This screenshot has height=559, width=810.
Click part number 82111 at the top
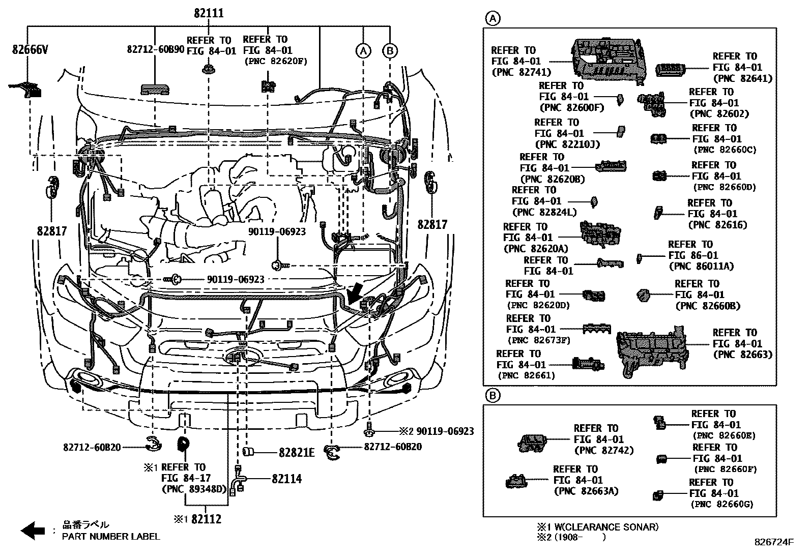coord(209,13)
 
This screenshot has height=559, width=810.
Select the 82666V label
coord(30,49)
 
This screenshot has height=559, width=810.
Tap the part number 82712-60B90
coord(155,49)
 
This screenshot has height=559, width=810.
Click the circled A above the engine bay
coord(363,51)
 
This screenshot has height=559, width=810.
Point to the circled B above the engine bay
coord(390,51)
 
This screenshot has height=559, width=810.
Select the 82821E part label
coord(297,452)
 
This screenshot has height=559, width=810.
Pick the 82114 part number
coord(286,479)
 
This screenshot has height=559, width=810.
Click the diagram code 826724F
coord(774,542)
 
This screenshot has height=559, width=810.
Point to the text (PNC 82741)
coord(521,72)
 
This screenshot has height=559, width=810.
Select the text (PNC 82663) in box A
coord(742,355)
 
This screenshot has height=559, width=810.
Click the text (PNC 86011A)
coord(701,266)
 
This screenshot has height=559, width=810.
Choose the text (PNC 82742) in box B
coord(603,450)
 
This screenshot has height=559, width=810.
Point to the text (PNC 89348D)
coord(193,489)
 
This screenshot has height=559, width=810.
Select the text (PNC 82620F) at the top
coord(275,62)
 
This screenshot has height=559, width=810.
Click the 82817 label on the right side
coord(432,224)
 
